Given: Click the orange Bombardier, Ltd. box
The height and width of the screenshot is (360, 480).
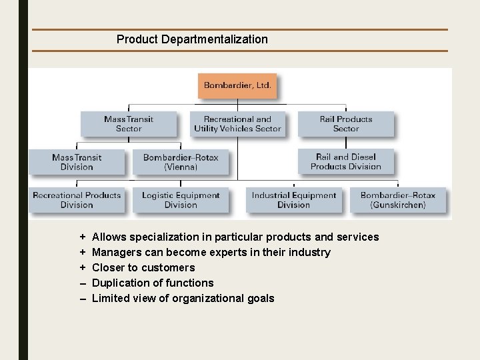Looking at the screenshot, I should point(237,86).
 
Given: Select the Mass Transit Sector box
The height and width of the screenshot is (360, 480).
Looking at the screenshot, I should point(129,124).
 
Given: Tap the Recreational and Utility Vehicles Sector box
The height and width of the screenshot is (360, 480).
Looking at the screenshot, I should point(237,124).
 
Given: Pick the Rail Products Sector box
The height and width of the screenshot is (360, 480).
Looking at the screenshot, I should point(345,124).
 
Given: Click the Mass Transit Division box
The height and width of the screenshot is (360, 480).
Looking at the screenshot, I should point(77,162).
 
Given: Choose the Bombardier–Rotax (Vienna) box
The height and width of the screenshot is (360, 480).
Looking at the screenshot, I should point(181,162).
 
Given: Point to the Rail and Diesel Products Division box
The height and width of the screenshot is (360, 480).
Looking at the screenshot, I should point(345,162).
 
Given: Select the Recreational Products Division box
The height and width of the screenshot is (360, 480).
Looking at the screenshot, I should point(77,200).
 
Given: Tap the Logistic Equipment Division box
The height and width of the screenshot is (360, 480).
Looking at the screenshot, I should point(181,200).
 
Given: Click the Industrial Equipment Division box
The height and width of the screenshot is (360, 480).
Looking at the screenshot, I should point(294,200).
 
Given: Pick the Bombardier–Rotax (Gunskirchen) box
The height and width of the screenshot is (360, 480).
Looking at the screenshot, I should point(398,200).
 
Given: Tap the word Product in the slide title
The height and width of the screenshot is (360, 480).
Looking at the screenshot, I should point(136,39).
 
